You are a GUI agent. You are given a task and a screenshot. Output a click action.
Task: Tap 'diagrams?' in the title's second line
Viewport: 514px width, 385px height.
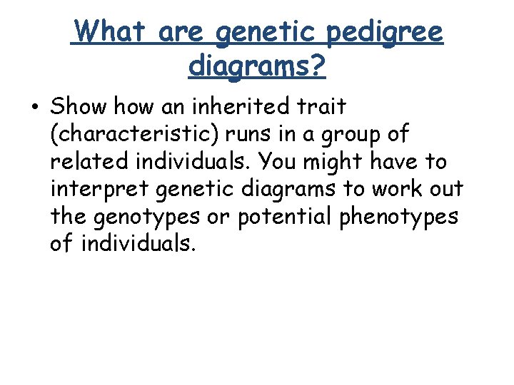[257, 66]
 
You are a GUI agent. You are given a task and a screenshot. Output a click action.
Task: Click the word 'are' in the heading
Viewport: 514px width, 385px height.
[183, 33]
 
